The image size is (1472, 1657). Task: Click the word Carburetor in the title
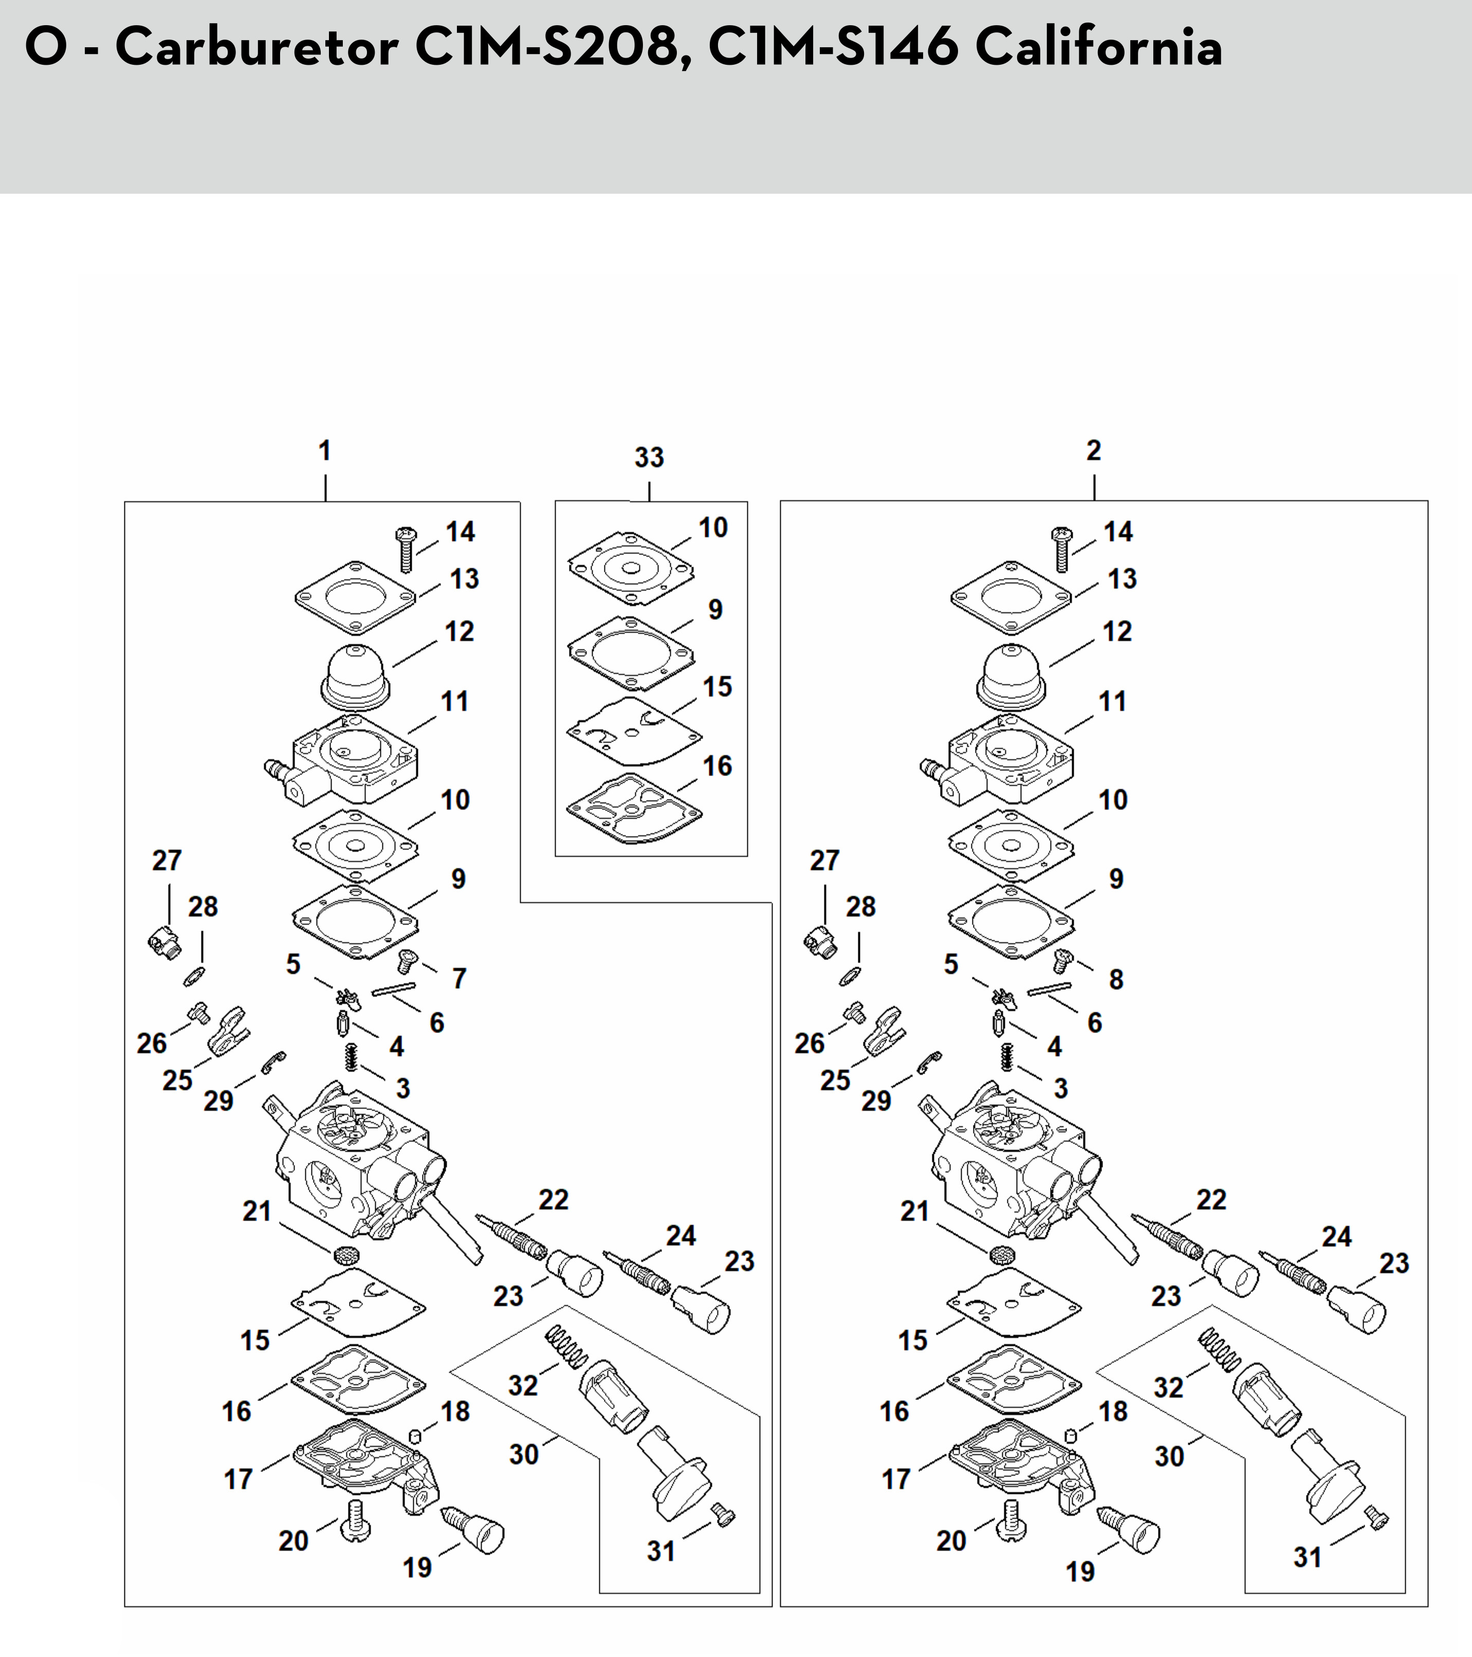[x=257, y=47]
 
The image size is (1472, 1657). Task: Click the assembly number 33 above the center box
[x=649, y=457]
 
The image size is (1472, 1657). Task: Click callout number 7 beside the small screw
[x=459, y=979]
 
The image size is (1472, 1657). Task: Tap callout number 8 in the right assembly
[x=1116, y=979]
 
